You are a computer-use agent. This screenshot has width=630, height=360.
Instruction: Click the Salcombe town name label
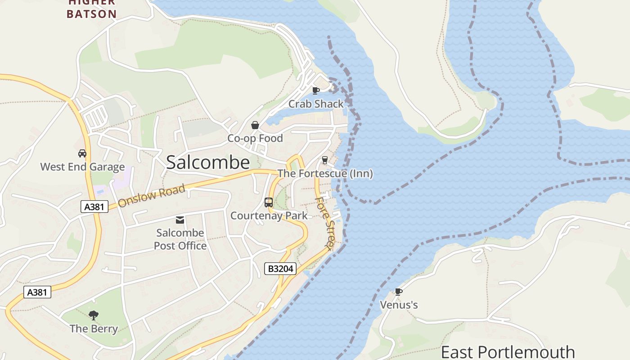click(208, 162)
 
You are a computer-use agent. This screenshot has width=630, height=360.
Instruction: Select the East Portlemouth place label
click(508, 352)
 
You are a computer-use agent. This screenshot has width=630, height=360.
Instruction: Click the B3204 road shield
click(280, 269)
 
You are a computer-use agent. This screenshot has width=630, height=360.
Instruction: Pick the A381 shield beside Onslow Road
click(94, 207)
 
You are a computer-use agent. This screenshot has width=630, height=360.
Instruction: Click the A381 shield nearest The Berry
click(37, 292)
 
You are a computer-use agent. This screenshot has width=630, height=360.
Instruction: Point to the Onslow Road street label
click(152, 195)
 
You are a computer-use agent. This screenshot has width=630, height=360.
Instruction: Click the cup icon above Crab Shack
click(316, 90)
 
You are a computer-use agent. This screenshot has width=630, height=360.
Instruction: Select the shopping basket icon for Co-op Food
click(255, 125)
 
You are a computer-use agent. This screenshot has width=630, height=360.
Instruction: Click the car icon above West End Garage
click(82, 153)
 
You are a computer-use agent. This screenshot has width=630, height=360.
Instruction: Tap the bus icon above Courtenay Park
click(269, 202)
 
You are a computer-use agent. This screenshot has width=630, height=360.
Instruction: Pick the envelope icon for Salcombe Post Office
click(180, 220)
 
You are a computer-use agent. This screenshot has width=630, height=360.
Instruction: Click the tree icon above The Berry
click(94, 315)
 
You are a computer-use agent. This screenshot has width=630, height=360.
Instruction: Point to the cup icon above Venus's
click(398, 292)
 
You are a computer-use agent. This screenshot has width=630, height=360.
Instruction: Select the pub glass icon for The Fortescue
click(324, 160)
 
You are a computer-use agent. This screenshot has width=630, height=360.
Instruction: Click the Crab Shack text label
click(316, 104)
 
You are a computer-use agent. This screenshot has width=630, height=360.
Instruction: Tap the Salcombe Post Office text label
click(180, 239)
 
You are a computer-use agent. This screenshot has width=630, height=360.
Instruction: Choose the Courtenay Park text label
click(269, 216)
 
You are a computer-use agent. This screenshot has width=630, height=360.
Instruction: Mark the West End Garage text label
click(82, 167)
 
